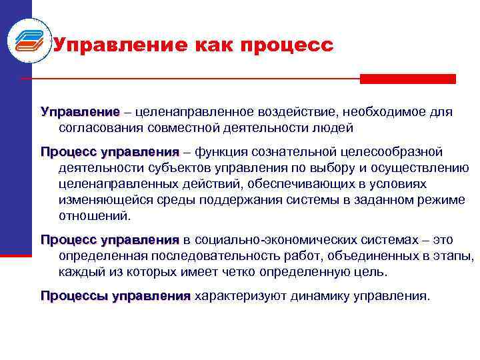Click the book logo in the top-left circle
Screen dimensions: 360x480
(x=27, y=41)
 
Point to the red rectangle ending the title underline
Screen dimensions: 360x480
(x=407, y=79)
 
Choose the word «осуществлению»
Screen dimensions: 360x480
(x=421, y=167)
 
